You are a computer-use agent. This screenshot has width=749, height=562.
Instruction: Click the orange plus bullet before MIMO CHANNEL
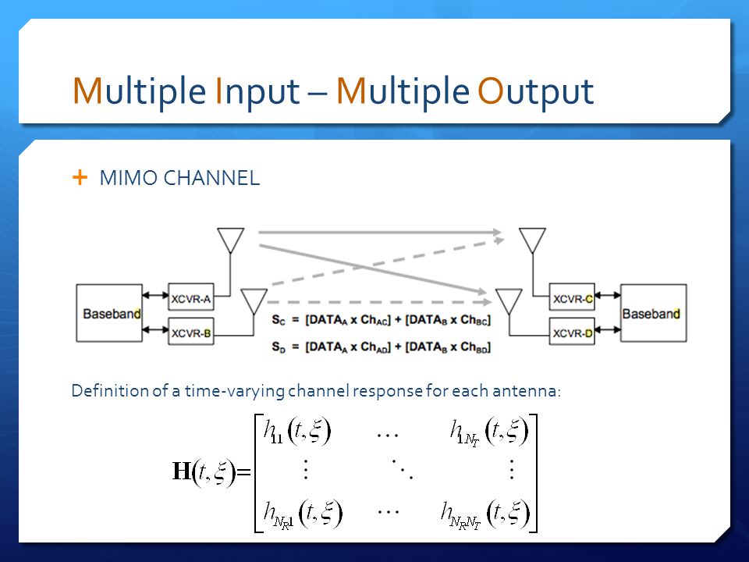(x=80, y=178)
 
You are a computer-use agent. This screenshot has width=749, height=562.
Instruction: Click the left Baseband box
(x=109, y=313)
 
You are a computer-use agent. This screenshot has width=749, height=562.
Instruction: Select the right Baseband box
(x=653, y=313)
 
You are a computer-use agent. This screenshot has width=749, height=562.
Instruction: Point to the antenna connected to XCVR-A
(x=231, y=240)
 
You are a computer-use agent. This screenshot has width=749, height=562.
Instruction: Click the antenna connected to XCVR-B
(x=253, y=301)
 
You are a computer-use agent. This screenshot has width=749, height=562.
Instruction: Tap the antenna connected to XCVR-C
(x=532, y=240)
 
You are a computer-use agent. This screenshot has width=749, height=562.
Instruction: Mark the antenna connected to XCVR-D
(x=509, y=301)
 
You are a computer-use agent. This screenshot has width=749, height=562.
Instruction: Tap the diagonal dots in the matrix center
(x=403, y=469)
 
